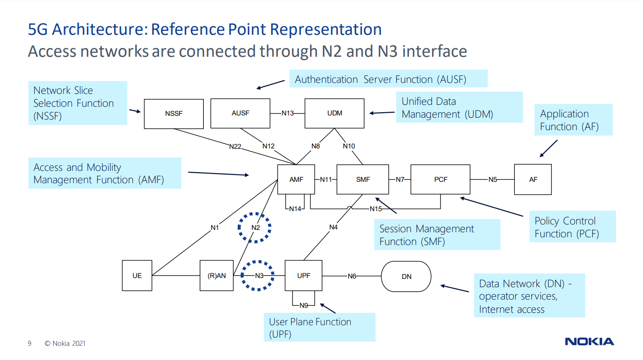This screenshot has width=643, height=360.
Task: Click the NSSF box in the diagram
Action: pyautogui.click(x=174, y=114)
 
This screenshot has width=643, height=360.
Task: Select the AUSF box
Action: pyautogui.click(x=240, y=113)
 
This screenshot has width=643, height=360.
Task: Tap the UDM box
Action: pyautogui.click(x=334, y=113)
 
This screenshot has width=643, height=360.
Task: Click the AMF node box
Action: pyautogui.click(x=296, y=180)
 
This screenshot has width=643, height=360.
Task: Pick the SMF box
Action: pyautogui.click(x=363, y=180)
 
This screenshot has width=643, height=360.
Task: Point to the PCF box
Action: pyautogui.click(x=440, y=180)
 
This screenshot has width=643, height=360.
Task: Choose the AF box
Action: pyautogui.click(x=533, y=180)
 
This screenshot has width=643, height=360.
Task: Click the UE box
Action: pyautogui.click(x=137, y=276)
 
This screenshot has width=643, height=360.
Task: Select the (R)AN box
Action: pyautogui.click(x=216, y=276)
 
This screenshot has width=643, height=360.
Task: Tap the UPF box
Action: pyautogui.click(x=304, y=276)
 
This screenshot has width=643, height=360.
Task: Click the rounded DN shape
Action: pyautogui.click(x=406, y=276)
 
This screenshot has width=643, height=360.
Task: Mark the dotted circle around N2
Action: pyautogui.click(x=255, y=227)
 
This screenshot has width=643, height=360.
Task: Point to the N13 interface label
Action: pyautogui.click(x=288, y=113)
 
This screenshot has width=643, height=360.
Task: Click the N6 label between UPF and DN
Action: pyautogui.click(x=352, y=276)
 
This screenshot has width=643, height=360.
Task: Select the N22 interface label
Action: pyautogui.click(x=235, y=147)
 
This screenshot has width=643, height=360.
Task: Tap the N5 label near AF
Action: pyautogui.click(x=492, y=180)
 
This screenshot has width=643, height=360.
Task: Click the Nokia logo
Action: pyautogui.click(x=589, y=342)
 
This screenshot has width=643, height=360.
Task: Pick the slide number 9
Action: pyautogui.click(x=29, y=344)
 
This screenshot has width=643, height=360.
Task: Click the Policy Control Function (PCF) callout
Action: pyautogui.click(x=572, y=227)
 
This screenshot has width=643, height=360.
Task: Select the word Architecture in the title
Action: pyautogui.click(x=98, y=29)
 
